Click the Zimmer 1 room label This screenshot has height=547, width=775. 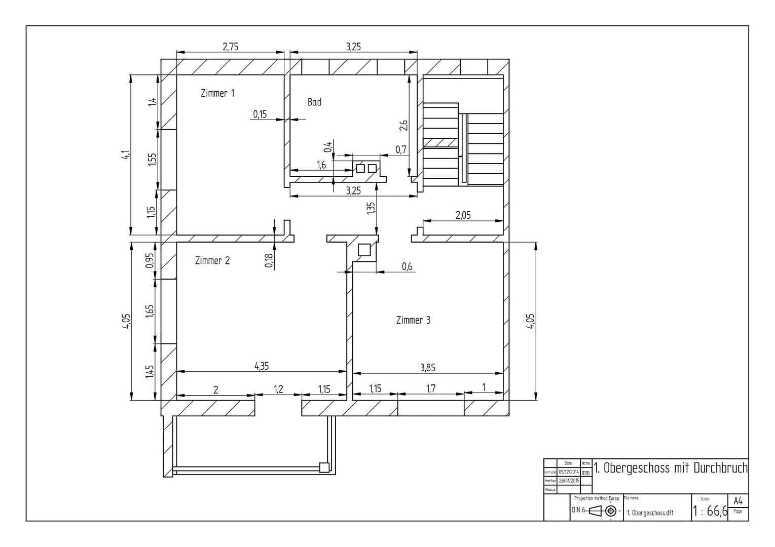217,93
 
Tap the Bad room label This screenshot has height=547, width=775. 314,102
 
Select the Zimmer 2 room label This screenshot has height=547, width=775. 212,261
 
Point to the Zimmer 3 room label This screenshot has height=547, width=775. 413,320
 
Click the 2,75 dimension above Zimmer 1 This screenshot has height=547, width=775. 230,47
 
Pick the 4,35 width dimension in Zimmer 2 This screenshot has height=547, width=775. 262,366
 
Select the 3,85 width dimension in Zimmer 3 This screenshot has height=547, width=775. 427,368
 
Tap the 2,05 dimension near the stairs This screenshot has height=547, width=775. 463,215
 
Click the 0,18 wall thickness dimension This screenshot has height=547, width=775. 269,260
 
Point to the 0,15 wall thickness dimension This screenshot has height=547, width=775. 260,114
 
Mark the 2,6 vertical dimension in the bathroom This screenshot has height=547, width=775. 403,125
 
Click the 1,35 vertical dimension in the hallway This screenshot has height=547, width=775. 371,208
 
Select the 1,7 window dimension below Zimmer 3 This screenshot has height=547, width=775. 430,388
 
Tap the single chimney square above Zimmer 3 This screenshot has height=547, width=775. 364,250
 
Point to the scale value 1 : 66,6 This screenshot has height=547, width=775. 710,511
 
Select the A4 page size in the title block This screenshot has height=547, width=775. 738,501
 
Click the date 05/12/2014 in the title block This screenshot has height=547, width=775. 569,472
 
